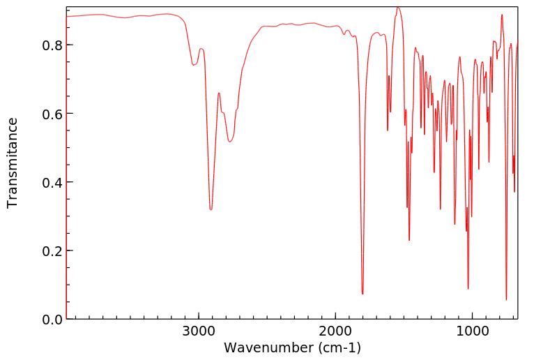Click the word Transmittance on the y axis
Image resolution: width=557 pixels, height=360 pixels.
(x=13, y=163)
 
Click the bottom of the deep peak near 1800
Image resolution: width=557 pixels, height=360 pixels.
(x=363, y=294)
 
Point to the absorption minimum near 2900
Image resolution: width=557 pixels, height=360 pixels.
(x=211, y=209)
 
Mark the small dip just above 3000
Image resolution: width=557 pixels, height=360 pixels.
(x=194, y=65)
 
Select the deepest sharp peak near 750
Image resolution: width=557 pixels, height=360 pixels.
(x=506, y=299)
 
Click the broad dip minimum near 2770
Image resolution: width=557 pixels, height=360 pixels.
(x=230, y=142)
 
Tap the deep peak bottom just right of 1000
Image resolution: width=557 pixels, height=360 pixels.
(x=468, y=288)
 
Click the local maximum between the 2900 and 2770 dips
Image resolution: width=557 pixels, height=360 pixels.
(x=219, y=93)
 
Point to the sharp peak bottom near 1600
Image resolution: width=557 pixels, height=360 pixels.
(x=388, y=130)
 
